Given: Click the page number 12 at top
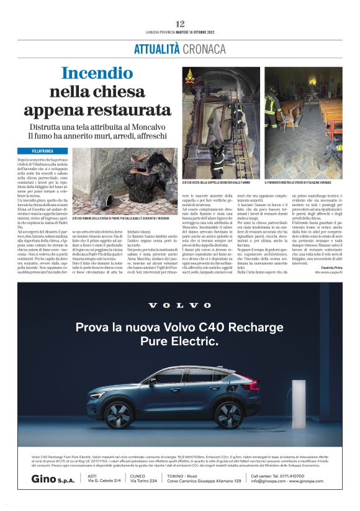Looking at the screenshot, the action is pos(180,24).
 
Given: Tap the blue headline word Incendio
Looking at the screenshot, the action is pos(97,73).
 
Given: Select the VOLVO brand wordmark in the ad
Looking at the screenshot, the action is pos(179,305).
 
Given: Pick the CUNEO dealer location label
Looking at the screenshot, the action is pos(140,476).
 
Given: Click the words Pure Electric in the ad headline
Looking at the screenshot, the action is pos(179,341).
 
